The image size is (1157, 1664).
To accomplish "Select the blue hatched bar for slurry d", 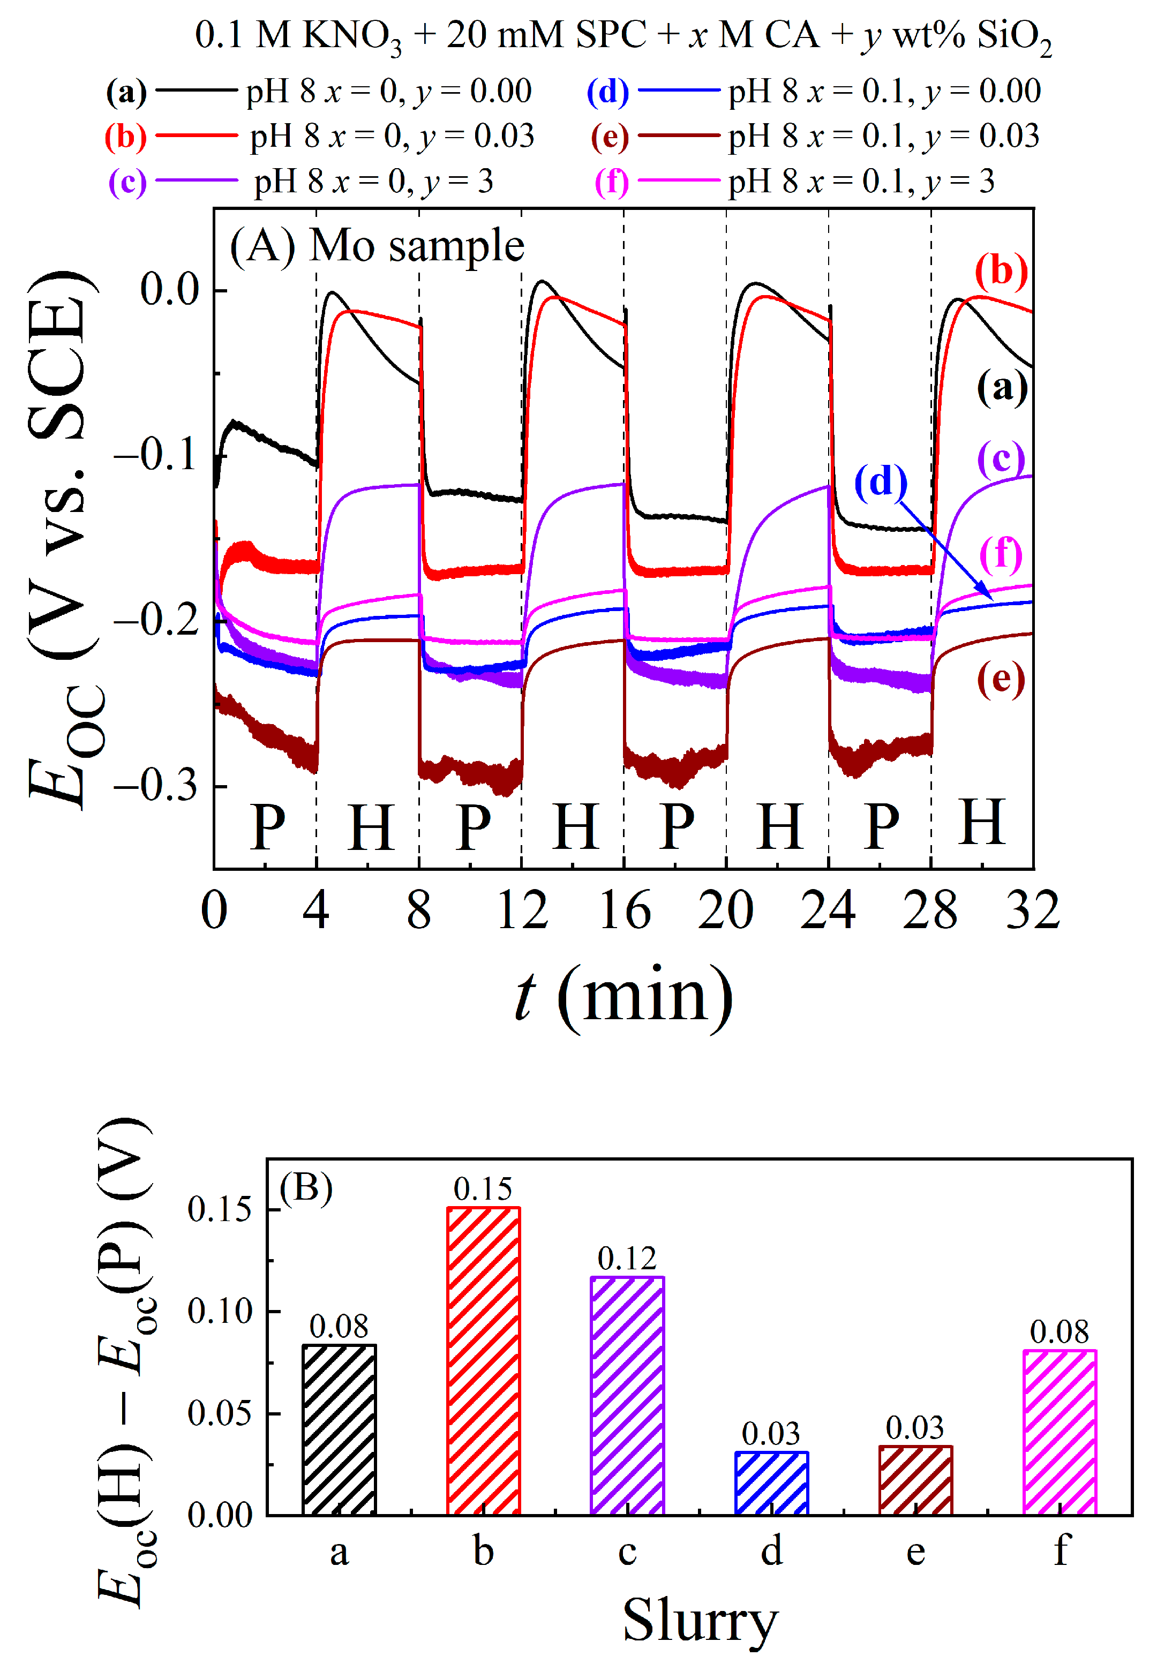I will coord(771,1484).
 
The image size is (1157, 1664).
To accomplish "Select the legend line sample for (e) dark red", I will coord(679,136).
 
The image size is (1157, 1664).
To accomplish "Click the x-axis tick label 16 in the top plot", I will coord(624,910).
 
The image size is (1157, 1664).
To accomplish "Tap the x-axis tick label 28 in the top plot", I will coord(930,910).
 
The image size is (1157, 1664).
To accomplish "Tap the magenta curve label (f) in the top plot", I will coord(1001,554).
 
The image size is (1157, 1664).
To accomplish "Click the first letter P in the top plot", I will coord(267,827).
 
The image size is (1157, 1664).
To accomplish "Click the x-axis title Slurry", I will coord(700,1621).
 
